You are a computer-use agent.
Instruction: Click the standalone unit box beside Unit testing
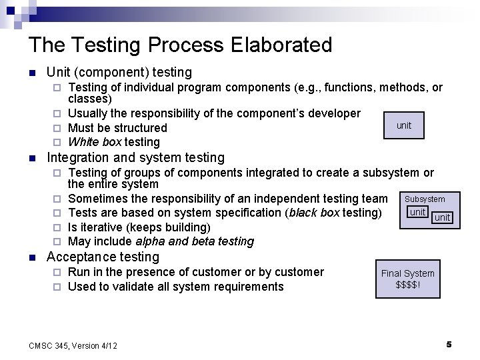[x=404, y=125]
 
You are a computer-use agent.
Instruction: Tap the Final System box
[x=407, y=279]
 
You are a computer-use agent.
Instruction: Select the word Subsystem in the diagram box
[x=425, y=199]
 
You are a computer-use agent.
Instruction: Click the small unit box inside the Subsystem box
[x=418, y=212]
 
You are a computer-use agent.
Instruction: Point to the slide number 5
[x=449, y=344]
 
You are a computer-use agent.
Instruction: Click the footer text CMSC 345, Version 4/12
[x=73, y=345]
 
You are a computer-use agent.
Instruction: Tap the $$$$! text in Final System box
[x=407, y=285]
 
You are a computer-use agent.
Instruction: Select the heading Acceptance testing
[x=103, y=257]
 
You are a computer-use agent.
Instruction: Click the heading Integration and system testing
[x=135, y=157]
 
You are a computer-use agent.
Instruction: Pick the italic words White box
[x=95, y=142]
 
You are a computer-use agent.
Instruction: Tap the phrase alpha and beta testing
[x=195, y=241]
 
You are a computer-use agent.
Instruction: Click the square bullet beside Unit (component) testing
[x=31, y=73]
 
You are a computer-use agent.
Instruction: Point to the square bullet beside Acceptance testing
[x=31, y=257]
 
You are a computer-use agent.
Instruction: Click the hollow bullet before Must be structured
[x=57, y=128]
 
